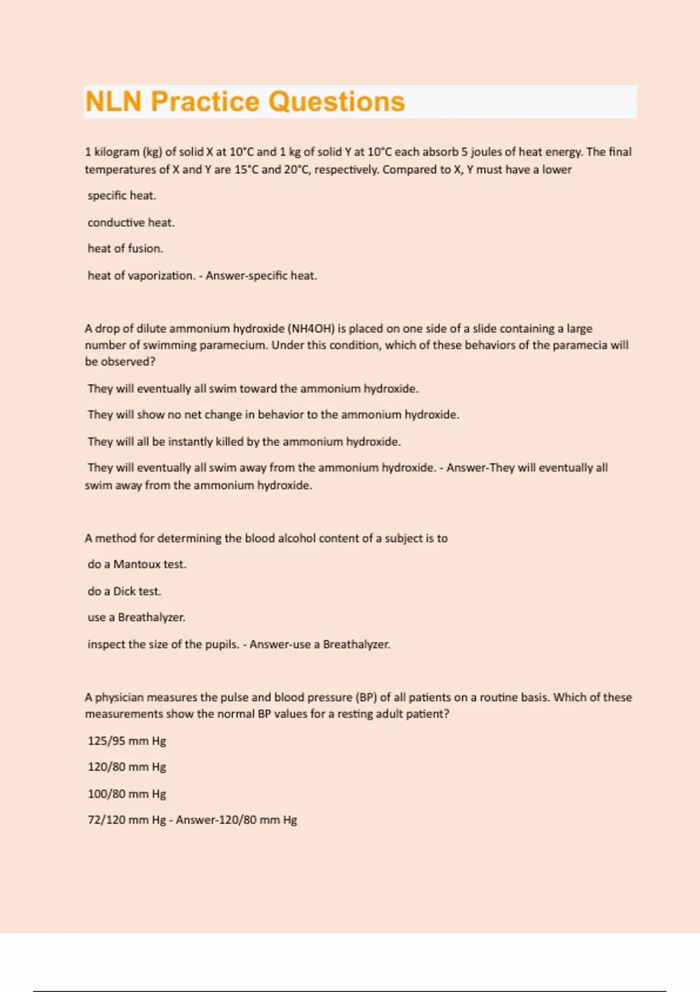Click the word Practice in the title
pos(205,102)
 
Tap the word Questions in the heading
pos(337,102)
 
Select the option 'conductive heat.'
pos(131,222)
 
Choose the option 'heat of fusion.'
pos(125,249)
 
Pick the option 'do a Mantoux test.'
pos(136,564)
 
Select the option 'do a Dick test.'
pos(124,591)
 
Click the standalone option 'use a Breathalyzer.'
pos(136,617)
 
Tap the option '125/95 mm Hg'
pos(127,741)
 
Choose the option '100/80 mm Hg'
pos(127,794)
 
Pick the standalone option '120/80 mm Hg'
pos(127,767)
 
